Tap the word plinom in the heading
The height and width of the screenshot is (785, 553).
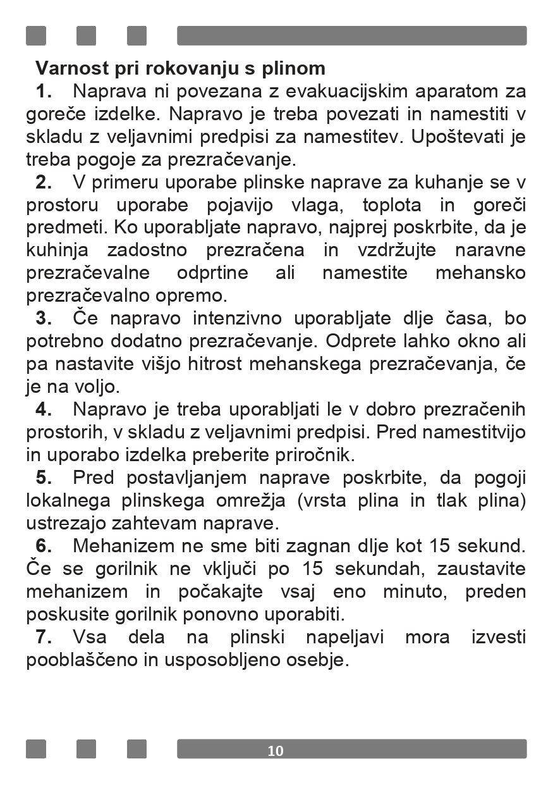click(293, 68)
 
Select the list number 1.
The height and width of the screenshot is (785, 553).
click(43, 92)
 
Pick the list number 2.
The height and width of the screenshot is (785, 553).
click(43, 183)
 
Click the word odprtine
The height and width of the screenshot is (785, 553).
click(212, 273)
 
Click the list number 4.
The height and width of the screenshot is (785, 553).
click(43, 409)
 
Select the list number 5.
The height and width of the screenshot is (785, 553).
click(43, 478)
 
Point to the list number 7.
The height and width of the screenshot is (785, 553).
click(43, 637)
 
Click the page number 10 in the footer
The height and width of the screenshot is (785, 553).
click(276, 751)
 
